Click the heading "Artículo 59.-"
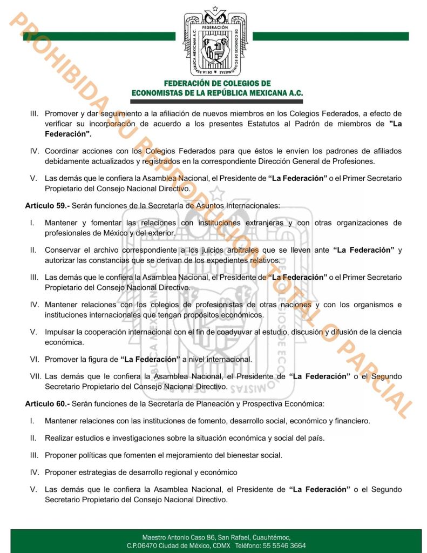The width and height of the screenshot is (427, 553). pos(47,206)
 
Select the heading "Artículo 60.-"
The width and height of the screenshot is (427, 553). pos(47,403)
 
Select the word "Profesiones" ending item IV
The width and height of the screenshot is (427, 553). pos(354,161)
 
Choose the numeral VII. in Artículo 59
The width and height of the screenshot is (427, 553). pos(36,376)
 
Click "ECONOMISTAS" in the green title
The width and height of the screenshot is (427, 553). pos(161,93)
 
